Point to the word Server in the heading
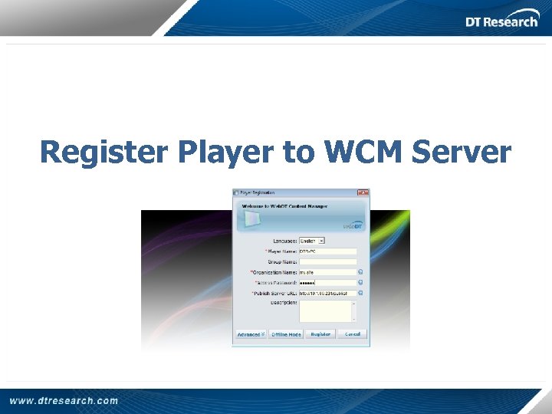461,152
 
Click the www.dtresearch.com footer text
64,400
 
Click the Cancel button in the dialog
353,334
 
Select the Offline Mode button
286,334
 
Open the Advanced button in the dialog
250,334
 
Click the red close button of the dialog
363,192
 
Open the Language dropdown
312,241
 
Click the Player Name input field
327,251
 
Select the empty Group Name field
327,261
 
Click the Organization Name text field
327,271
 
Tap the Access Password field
327,282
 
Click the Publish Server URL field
327,293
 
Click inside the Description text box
325,310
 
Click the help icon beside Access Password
360,282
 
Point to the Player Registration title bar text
258,192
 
